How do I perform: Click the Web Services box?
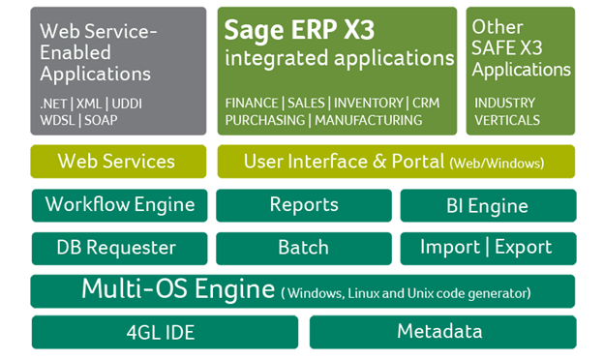(117, 162)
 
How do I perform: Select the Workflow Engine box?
(119, 205)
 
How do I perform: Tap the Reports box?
(303, 205)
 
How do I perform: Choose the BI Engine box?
(487, 205)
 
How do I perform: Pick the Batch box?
(303, 248)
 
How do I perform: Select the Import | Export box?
(487, 248)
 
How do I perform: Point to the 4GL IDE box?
(161, 332)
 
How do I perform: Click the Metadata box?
(439, 332)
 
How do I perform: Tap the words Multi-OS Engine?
(178, 289)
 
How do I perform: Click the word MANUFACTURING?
(368, 120)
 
